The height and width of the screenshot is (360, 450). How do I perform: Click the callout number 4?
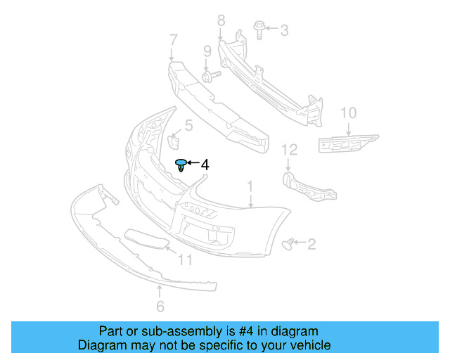[x=205, y=165]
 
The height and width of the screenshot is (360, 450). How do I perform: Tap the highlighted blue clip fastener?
[x=182, y=165]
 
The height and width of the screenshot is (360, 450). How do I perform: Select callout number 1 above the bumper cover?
[x=249, y=186]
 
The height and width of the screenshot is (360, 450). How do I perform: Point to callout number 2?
[x=311, y=244]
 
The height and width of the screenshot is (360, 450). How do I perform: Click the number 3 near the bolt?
[x=284, y=30]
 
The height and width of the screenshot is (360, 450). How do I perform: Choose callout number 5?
[x=188, y=127]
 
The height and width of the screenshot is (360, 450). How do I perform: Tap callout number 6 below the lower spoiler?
[x=160, y=306]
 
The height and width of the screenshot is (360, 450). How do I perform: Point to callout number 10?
[x=349, y=112]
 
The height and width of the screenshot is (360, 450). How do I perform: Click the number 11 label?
[x=184, y=260]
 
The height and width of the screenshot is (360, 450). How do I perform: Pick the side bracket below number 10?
[x=346, y=142]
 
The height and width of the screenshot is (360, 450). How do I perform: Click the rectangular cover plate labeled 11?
[x=146, y=240]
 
